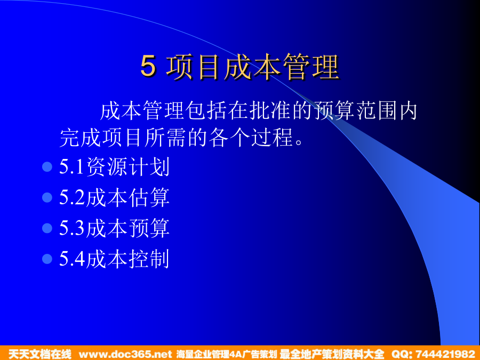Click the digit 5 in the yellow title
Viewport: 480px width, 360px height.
pyautogui.click(x=148, y=66)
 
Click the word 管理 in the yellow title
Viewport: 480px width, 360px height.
pyautogui.click(x=310, y=67)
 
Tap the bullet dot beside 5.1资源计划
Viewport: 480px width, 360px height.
pyautogui.click(x=47, y=167)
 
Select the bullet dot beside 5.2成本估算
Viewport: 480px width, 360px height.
pyautogui.click(x=47, y=197)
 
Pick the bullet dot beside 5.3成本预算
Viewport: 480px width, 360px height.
pyautogui.click(x=47, y=228)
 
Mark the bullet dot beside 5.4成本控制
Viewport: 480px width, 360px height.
pyautogui.click(x=47, y=259)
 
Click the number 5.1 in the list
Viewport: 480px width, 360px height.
pyautogui.click(x=71, y=167)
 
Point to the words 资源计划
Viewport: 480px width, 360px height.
pyautogui.click(x=128, y=167)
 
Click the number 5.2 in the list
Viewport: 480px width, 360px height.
pyautogui.click(x=72, y=197)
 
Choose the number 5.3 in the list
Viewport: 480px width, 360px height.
pyautogui.click(x=72, y=228)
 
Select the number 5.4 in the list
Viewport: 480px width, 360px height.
pyautogui.click(x=72, y=259)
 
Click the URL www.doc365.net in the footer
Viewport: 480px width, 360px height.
pyautogui.click(x=125, y=354)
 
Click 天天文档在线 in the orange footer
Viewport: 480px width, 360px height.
pyautogui.click(x=40, y=354)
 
